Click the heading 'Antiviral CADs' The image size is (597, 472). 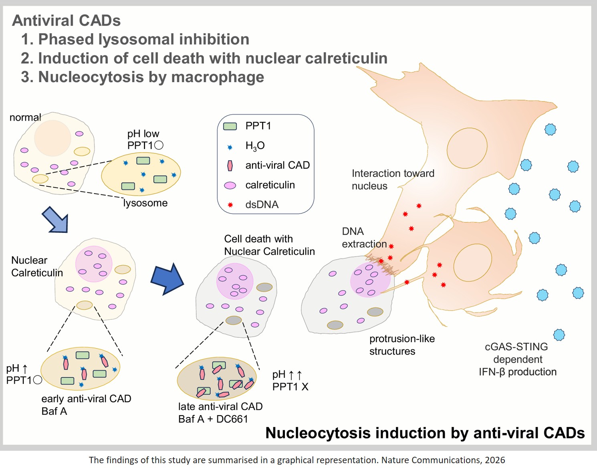(67, 20)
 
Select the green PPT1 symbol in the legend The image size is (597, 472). (230, 126)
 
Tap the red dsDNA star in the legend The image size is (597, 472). (230, 205)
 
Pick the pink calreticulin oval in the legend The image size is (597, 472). (230, 185)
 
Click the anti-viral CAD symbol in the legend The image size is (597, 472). (230, 165)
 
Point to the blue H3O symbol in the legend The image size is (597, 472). (230, 147)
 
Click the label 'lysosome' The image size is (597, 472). (145, 203)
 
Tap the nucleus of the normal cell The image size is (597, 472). (52, 138)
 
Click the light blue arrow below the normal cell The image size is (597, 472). (56, 220)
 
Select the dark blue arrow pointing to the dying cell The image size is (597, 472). (167, 279)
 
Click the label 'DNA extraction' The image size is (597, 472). (364, 238)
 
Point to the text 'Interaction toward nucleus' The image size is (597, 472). (393, 180)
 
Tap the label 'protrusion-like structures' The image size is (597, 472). (401, 345)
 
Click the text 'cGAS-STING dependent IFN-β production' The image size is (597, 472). (517, 359)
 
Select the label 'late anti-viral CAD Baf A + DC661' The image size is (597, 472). (220, 413)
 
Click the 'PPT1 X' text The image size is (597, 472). (290, 387)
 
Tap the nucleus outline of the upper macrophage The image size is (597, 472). (467, 148)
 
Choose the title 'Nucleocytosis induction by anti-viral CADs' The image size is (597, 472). (425, 433)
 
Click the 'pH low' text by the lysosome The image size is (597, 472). (143, 134)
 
